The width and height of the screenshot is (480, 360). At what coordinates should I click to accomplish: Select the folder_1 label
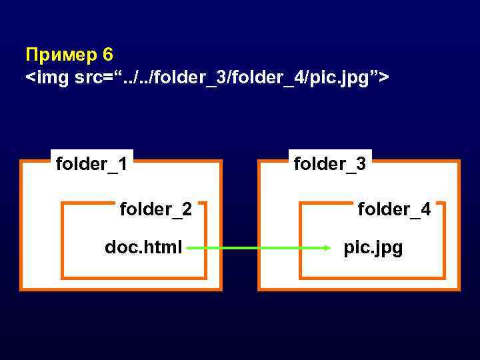pos(92,163)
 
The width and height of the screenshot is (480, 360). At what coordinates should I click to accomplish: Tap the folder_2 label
pos(155,210)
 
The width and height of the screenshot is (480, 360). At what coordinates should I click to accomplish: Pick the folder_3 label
pos(330,163)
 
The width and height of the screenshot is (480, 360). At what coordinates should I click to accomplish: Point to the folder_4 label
pos(394,210)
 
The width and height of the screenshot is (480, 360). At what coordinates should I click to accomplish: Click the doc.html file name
pos(143,248)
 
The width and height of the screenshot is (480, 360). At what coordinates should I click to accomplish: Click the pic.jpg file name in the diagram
pos(373,248)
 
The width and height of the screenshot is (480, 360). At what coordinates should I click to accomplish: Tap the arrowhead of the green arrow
pos(327,249)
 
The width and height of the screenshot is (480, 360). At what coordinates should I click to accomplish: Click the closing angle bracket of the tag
pos(384,79)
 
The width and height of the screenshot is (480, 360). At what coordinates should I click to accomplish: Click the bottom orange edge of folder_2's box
pos(133,277)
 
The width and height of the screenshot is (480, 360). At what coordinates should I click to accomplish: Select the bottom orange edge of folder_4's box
pos(372,277)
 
